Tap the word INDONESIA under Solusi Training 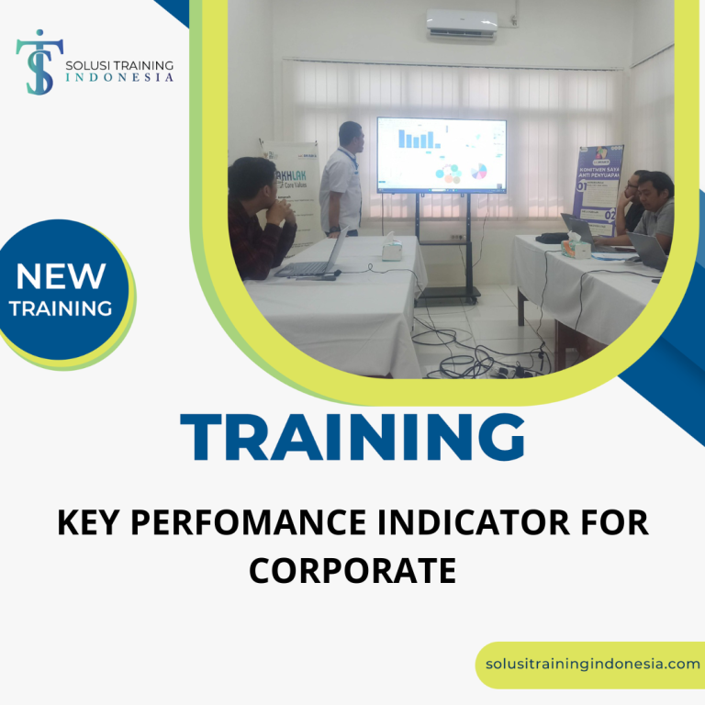pyautogui.click(x=119, y=78)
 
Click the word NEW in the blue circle pyautogui.click(x=61, y=274)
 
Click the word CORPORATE pyautogui.click(x=352, y=570)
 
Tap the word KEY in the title pyautogui.click(x=90, y=523)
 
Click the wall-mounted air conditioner pyautogui.click(x=462, y=23)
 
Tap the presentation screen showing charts pyautogui.click(x=441, y=154)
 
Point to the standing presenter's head pyautogui.click(x=351, y=135)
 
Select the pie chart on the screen pyautogui.click(x=478, y=171)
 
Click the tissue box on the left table pyautogui.click(x=392, y=249)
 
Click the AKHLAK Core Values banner pyautogui.click(x=292, y=184)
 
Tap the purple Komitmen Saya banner pyautogui.click(x=597, y=184)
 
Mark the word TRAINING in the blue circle pyautogui.click(x=61, y=308)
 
